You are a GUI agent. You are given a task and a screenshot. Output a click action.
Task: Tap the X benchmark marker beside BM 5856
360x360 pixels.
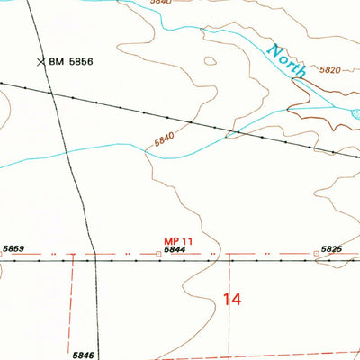coord(40,61)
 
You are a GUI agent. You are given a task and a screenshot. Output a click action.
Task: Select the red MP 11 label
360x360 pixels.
coord(179,240)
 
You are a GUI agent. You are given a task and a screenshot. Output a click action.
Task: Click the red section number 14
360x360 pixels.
coord(232,300)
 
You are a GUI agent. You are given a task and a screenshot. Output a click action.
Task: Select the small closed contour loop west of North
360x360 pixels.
coord(210,61)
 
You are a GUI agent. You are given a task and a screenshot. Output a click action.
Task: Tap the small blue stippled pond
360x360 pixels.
coord(355,114)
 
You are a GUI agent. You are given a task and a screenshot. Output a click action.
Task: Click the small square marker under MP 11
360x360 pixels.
coord(159,255)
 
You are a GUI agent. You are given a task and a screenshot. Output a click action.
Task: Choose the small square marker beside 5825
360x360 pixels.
coord(315,254)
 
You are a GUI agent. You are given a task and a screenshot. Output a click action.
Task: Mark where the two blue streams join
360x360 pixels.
coord(232,137)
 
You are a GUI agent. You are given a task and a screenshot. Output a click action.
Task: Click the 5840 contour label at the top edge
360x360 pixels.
coord(135,3)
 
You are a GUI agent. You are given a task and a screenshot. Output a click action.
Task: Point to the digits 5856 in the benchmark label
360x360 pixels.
coord(82,61)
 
